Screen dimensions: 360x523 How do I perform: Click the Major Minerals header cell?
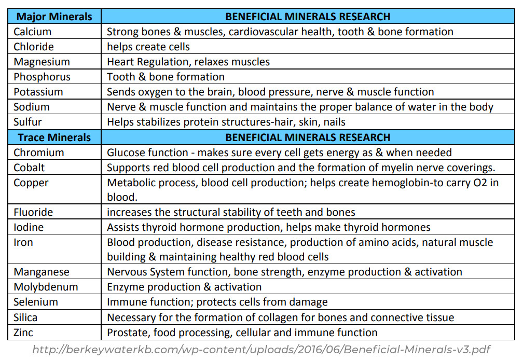coord(54,17)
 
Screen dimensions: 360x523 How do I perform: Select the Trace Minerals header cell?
coord(54,137)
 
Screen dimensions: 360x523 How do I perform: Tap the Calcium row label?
coord(33,32)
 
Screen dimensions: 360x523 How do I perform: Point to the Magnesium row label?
coord(42,62)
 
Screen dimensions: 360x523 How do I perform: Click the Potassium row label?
coord(38,92)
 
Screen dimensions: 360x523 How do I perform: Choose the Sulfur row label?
coord(28,122)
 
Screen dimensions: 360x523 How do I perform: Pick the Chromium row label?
coord(39,153)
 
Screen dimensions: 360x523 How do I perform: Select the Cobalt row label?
coord(30,168)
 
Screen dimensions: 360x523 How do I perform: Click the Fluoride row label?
coord(33,212)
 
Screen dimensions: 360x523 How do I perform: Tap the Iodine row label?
coord(29,227)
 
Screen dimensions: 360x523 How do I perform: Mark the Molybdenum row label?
coord(46,287)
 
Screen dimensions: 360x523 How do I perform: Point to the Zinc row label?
coord(24,333)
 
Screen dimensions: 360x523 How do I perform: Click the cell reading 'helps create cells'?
coord(148,47)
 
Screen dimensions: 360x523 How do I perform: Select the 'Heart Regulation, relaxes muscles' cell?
coord(188,62)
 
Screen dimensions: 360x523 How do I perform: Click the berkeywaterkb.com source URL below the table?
coord(261,350)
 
